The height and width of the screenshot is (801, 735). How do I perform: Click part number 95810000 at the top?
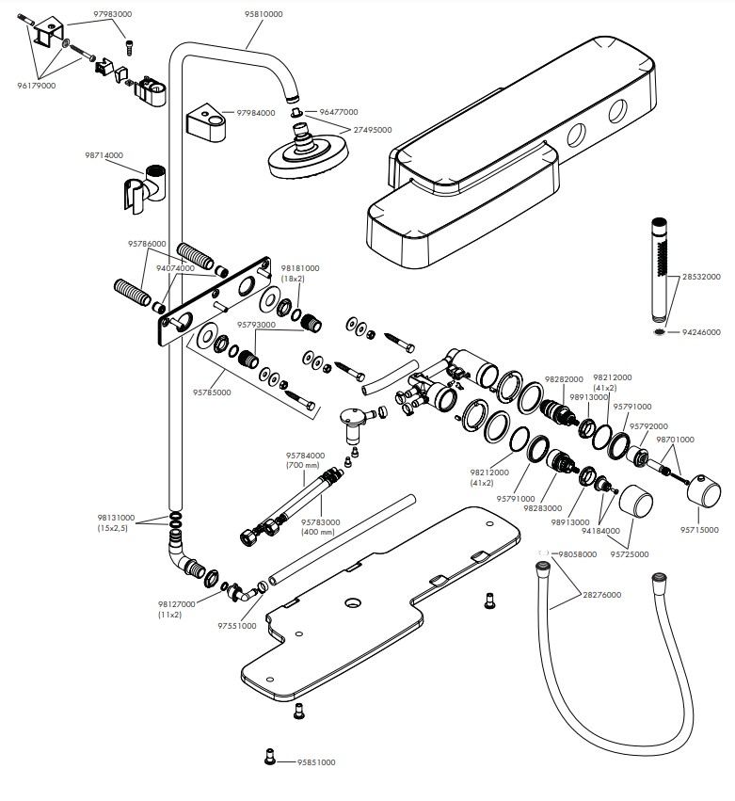(264, 14)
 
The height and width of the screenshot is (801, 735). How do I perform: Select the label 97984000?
(255, 113)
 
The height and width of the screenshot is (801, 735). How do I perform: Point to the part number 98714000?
(104, 155)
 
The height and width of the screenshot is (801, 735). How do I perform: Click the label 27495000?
(373, 130)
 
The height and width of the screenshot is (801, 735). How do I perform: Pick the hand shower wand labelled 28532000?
(660, 271)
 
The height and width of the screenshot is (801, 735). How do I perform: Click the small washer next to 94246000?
(660, 332)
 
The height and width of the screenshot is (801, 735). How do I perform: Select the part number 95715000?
(698, 530)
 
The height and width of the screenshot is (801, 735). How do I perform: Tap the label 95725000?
(630, 554)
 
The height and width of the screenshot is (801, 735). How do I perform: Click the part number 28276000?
(601, 595)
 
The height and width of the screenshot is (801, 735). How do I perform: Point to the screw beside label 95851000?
(270, 757)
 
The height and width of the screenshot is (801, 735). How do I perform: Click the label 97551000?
(237, 626)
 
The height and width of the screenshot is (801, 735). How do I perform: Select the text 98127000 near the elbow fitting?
(177, 604)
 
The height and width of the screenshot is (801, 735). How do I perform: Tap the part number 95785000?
(212, 392)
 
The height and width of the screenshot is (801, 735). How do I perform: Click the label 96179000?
(37, 86)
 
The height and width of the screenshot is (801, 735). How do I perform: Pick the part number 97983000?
(112, 14)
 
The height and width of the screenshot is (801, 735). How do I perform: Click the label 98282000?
(564, 379)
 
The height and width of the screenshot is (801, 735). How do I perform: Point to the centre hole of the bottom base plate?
(352, 603)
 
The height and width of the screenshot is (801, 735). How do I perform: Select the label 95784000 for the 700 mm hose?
(305, 456)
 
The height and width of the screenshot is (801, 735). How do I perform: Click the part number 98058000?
(577, 554)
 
